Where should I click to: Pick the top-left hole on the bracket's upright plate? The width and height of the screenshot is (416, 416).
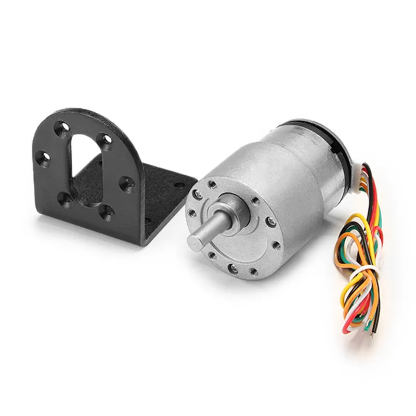(x=63, y=126)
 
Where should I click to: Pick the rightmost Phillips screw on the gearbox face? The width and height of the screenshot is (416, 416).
(x=269, y=223)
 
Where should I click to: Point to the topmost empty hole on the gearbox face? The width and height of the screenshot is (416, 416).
(x=213, y=183)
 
